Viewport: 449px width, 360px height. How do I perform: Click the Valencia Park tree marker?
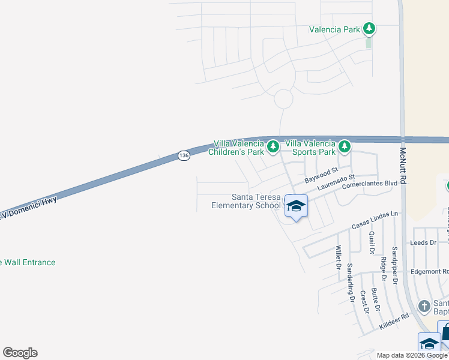369,28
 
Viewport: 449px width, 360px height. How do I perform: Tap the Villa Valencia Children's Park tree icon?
273,146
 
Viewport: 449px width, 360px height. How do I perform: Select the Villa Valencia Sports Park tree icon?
344,146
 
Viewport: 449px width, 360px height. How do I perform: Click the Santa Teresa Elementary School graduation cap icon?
295,206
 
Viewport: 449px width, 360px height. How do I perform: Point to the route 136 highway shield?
184,155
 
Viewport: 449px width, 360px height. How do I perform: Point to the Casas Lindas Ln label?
375,220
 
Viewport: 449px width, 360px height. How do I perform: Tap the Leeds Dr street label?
423,242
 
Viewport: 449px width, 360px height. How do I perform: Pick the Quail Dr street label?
372,242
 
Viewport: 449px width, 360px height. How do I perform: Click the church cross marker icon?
424,307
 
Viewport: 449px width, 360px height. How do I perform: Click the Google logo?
20,353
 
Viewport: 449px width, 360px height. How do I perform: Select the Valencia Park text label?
334,29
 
